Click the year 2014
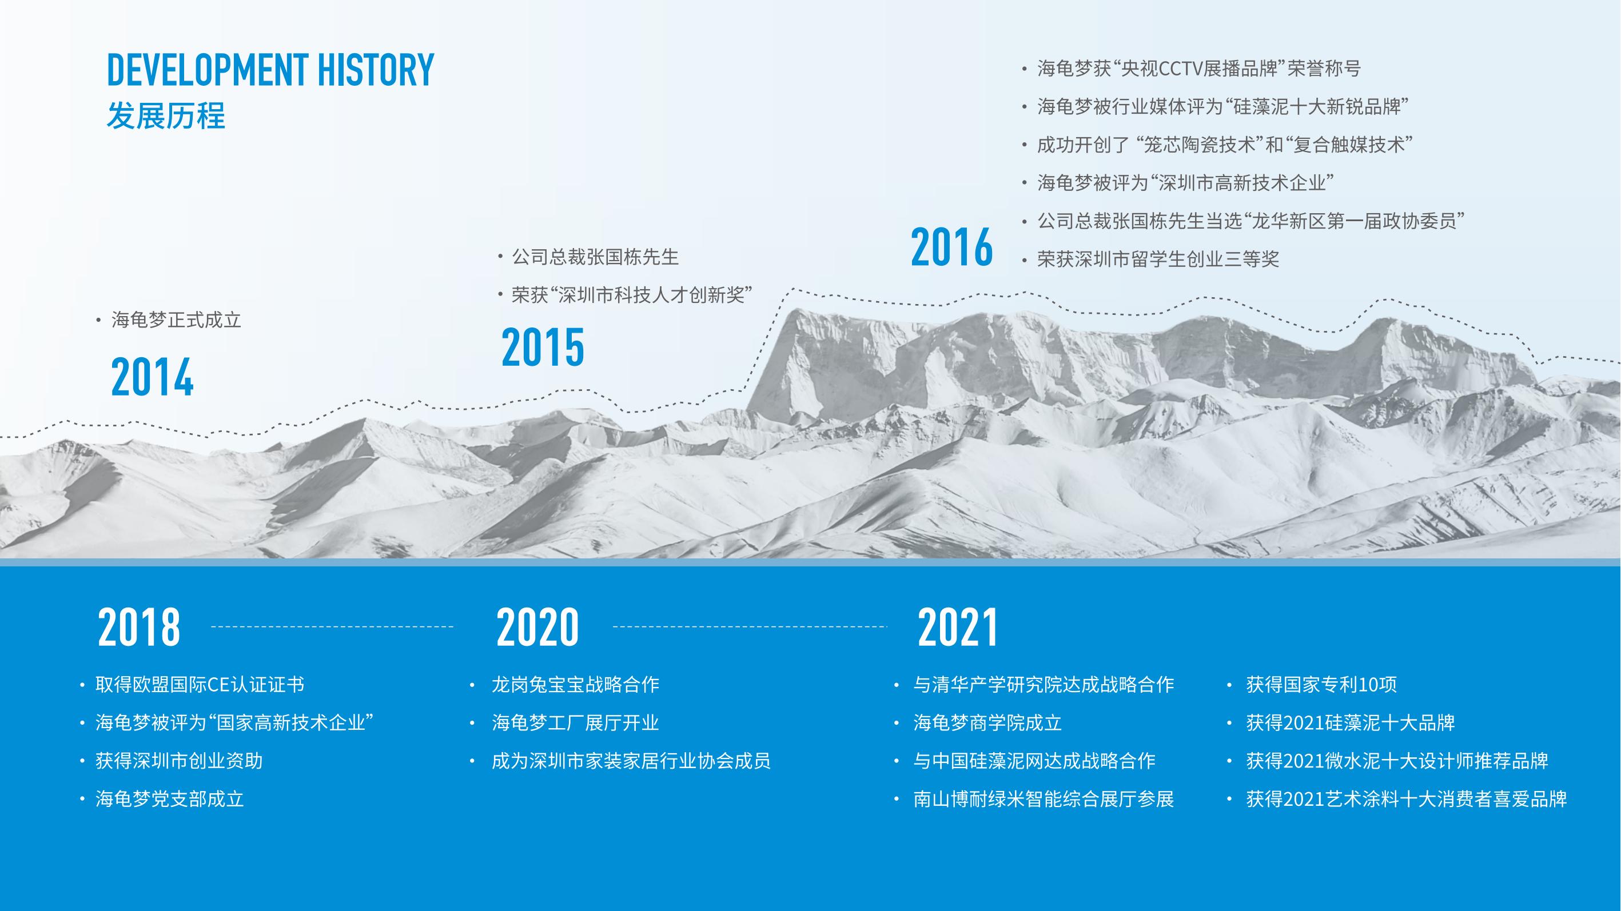coord(152,377)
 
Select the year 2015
coord(543,347)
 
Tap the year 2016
coord(952,247)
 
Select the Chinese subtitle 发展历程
coord(166,116)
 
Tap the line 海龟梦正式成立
coord(176,320)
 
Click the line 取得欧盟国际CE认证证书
coord(200,685)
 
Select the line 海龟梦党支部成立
coord(169,799)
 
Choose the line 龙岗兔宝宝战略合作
coord(575,685)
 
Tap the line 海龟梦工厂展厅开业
coord(575,723)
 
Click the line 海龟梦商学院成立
coord(987,723)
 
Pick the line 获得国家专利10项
coord(1321,685)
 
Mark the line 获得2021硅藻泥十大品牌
coord(1351,723)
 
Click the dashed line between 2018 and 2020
coord(332,626)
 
